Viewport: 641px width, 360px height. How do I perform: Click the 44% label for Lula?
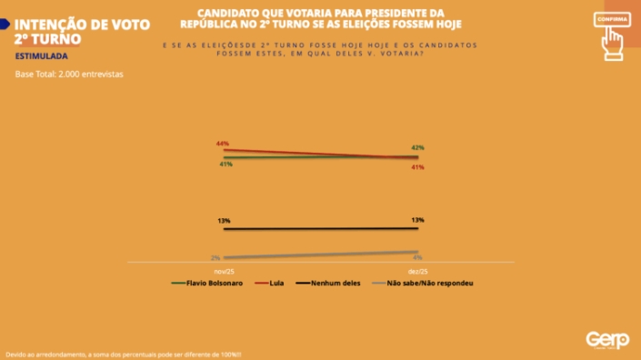222,144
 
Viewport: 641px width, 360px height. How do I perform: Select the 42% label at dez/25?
417,147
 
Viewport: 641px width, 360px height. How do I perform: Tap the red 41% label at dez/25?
417,167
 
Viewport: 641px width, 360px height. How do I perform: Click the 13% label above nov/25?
224,221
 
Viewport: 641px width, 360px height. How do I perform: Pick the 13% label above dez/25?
417,220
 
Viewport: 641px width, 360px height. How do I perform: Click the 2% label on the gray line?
215,258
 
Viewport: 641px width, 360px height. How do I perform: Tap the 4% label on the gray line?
417,257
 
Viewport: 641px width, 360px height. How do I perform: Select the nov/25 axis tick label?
224,271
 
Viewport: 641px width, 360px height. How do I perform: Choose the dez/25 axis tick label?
417,271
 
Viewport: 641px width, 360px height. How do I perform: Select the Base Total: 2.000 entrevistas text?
69,74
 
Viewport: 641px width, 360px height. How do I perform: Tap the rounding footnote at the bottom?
124,355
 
